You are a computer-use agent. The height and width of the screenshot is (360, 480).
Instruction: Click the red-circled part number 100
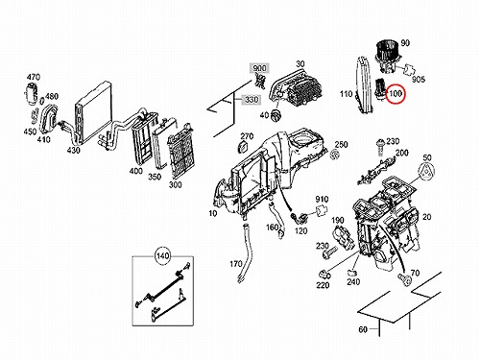tap(396, 94)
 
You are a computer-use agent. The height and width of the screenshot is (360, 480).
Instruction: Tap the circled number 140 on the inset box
tap(163, 255)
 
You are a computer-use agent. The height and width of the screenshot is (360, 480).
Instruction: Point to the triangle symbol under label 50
tap(426, 173)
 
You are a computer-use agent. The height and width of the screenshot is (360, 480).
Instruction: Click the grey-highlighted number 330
tap(252, 100)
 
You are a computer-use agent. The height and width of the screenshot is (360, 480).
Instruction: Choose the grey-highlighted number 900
tap(259, 68)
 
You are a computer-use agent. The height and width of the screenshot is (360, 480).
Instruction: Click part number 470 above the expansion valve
tap(34, 77)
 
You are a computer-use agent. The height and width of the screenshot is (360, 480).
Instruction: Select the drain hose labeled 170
tap(244, 252)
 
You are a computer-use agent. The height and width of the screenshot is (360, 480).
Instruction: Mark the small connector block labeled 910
tap(322, 211)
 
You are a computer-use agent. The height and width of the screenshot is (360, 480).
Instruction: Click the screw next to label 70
tap(405, 279)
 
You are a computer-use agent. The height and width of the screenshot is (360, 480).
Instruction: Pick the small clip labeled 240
tap(352, 273)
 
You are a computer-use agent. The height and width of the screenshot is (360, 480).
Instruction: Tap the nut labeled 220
tap(324, 275)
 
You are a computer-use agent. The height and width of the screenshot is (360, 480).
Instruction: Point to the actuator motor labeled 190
tap(344, 238)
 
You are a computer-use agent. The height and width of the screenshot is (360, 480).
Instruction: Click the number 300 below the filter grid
tap(176, 184)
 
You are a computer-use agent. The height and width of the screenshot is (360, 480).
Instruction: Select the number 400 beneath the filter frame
tap(136, 171)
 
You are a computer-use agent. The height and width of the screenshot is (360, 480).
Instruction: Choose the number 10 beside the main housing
tap(213, 213)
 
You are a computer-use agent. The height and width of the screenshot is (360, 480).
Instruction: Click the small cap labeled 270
tap(244, 147)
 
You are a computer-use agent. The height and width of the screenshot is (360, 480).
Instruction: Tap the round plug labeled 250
tap(335, 155)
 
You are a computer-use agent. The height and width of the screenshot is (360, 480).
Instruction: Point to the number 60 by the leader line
tap(363, 329)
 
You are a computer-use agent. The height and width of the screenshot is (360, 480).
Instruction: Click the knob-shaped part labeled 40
tap(276, 114)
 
